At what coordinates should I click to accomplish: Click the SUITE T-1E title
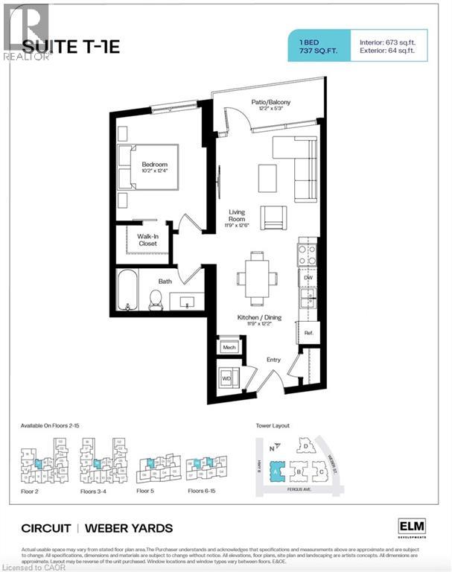coord(71,46)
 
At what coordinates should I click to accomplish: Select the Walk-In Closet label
coord(151,239)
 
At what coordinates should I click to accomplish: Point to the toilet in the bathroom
coord(156,299)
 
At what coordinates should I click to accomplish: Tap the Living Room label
coord(236,216)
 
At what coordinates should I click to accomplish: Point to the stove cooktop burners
coord(308,255)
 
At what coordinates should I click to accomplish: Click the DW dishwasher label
coord(308,277)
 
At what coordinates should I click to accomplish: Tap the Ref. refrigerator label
coord(308,334)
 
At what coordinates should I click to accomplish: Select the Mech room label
coord(229,348)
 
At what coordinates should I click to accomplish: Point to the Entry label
coord(274,360)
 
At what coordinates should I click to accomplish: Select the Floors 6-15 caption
coord(206,492)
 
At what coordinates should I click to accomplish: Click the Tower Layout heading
coord(273,427)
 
